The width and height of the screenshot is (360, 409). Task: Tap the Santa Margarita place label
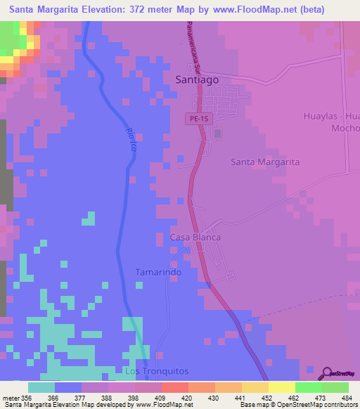265,162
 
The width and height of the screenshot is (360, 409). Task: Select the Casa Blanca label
195,238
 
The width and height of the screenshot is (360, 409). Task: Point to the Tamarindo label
158,272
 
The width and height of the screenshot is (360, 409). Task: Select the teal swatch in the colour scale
41,387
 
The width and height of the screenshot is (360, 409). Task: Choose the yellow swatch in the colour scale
281,387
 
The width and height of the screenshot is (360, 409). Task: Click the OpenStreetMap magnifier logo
326,373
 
